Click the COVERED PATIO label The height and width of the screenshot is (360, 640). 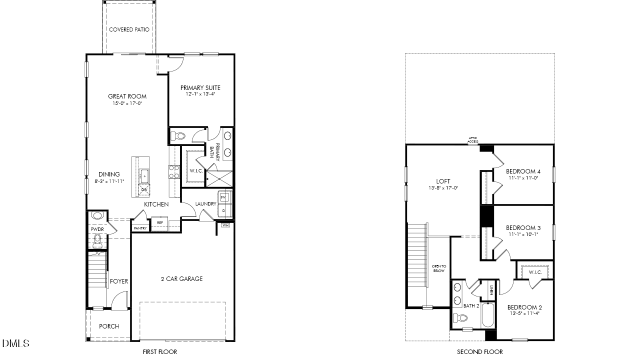click(128, 29)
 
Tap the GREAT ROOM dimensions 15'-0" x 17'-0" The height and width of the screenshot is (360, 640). click(127, 104)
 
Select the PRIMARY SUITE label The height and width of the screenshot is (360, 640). click(200, 88)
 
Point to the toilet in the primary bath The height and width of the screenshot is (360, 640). click(177, 135)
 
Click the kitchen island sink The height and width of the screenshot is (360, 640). click(144, 175)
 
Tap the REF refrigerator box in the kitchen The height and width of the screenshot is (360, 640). click(160, 223)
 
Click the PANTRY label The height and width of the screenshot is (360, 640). click(140, 228)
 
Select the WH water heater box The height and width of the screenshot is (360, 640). click(225, 225)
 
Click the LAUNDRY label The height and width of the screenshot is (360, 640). click(205, 204)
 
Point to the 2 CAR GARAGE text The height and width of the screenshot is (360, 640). click(182, 279)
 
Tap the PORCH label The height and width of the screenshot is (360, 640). click(109, 326)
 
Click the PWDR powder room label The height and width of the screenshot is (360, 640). click(96, 229)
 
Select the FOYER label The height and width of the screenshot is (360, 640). click(119, 281)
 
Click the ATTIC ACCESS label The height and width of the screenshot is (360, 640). click(473, 140)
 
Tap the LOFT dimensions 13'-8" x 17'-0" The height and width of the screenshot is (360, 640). click(443, 188)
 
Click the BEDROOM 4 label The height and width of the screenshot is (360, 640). click(523, 171)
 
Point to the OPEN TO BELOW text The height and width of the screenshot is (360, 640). click(438, 268)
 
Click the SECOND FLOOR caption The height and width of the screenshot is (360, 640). click(479, 352)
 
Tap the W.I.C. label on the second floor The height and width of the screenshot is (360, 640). click(534, 272)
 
